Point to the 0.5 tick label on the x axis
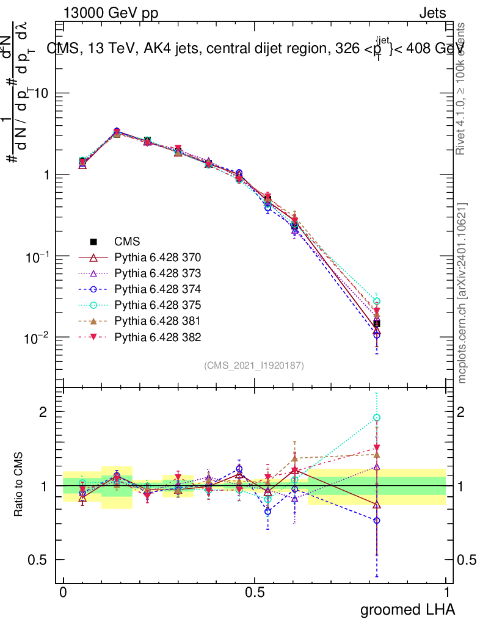click(x=255, y=593)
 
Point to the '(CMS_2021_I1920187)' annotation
click(x=254, y=365)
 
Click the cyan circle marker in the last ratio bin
click(x=377, y=417)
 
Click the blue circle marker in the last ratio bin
click(x=377, y=521)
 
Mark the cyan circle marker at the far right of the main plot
click(x=377, y=302)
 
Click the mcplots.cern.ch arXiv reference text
click(x=462, y=293)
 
